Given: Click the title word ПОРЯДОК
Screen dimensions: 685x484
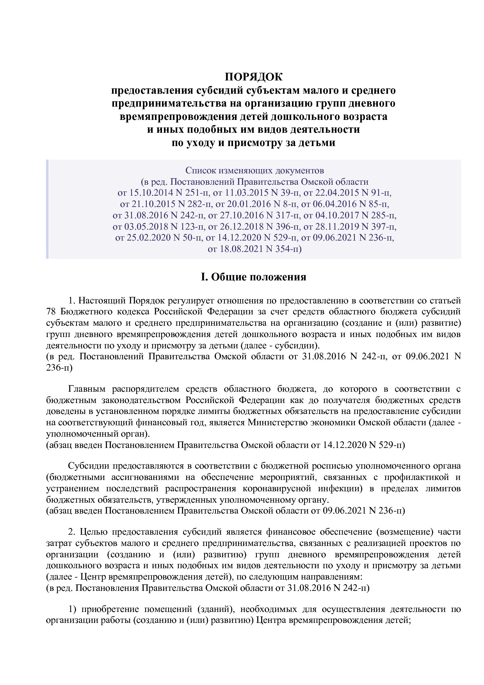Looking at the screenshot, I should pos(253,76).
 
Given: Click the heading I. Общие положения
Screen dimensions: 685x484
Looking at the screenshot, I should pos(253,277).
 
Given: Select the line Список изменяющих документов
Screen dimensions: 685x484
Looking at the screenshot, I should pos(254,171).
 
